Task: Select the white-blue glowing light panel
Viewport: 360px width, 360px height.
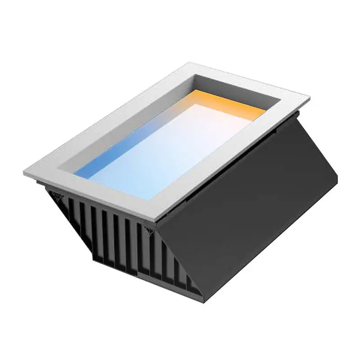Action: [x=180, y=144]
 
